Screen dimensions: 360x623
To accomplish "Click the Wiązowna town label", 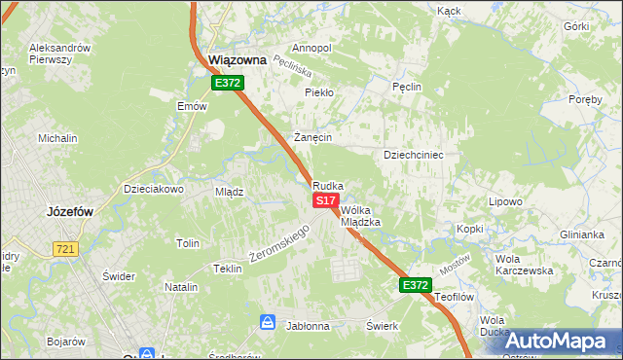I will pyautogui.click(x=238, y=60).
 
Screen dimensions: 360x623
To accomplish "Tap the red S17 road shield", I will pyautogui.click(x=326, y=199).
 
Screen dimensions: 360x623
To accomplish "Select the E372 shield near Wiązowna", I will pyautogui.click(x=228, y=84).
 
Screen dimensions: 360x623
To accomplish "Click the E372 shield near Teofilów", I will pyautogui.click(x=414, y=284).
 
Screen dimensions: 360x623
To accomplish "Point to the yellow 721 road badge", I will pyautogui.click(x=65, y=249).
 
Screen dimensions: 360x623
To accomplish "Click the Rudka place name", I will pyautogui.click(x=328, y=185).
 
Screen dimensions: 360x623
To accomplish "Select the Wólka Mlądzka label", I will pyautogui.click(x=360, y=215).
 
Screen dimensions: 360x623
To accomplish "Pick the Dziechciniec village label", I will pyautogui.click(x=414, y=155).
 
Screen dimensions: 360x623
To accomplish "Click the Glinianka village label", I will pyautogui.click(x=582, y=234).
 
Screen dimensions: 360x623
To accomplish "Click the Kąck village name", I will pyautogui.click(x=449, y=10).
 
